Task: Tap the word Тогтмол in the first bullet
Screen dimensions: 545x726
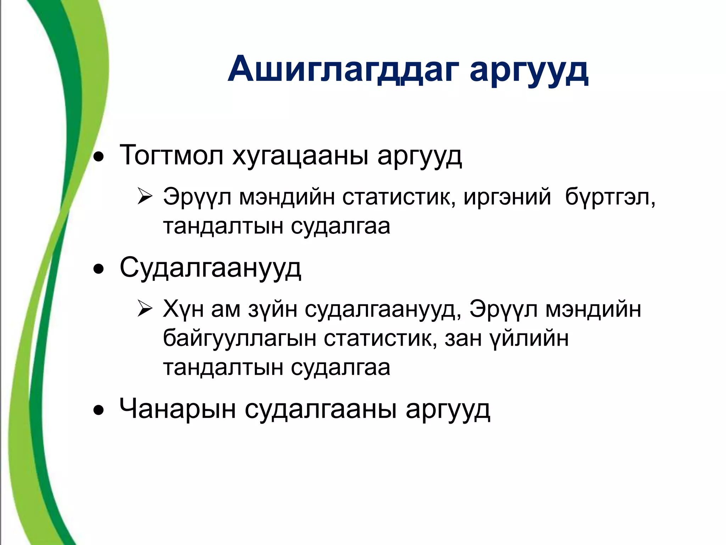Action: coord(172,155)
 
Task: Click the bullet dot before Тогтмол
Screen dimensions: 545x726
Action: coord(99,156)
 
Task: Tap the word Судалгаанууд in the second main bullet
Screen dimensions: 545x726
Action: coord(211,268)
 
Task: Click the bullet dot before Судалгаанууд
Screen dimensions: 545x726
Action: coord(99,269)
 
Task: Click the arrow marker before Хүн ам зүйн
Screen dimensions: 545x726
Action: coord(145,309)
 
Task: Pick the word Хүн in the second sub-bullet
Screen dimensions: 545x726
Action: coord(184,309)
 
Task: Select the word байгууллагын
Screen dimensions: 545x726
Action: coord(239,338)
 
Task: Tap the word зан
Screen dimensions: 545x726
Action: coord(463,338)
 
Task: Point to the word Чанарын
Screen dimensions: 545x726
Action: coord(178,409)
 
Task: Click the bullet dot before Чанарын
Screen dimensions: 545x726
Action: coord(99,411)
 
